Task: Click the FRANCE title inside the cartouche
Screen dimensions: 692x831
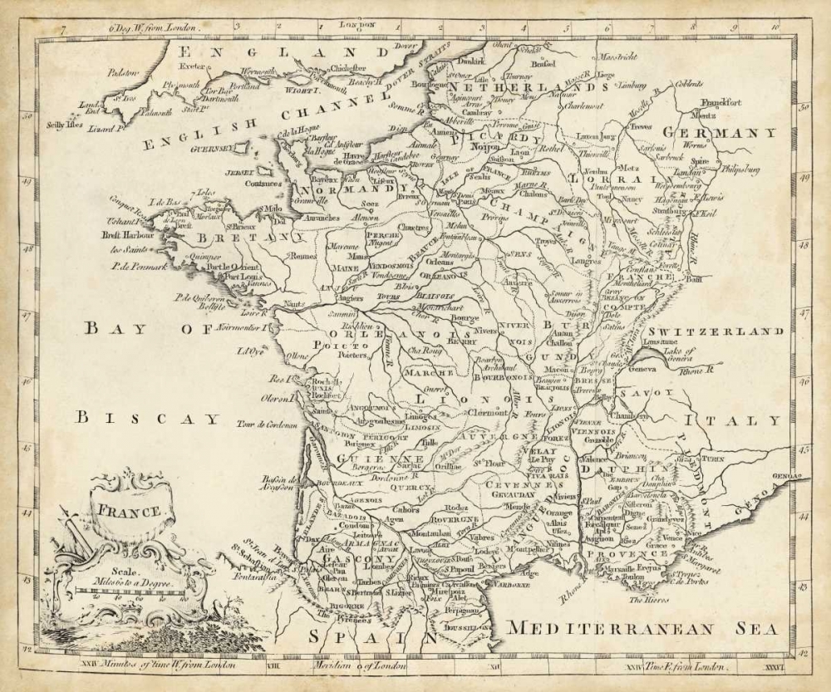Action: pyautogui.click(x=129, y=511)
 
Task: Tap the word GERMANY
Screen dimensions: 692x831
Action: pyautogui.click(x=720, y=133)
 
